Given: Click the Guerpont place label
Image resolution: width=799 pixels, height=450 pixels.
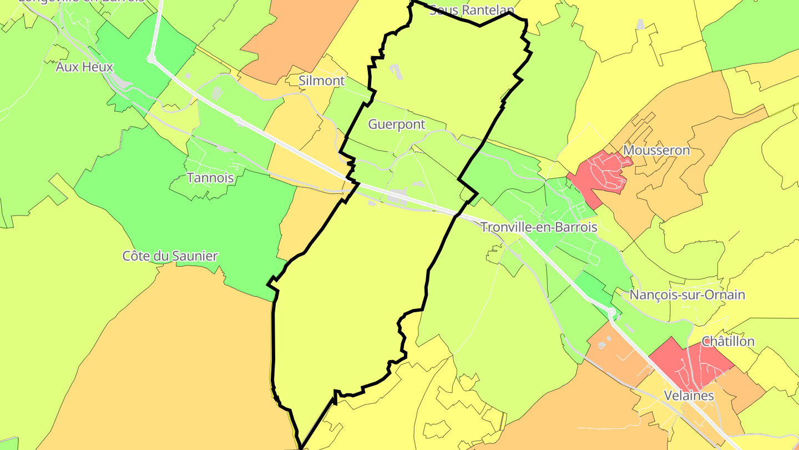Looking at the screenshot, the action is coord(397,124).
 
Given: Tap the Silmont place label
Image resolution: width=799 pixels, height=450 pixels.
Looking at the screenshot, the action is coord(322,81).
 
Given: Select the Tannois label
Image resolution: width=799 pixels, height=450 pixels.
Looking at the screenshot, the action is coord(210,178).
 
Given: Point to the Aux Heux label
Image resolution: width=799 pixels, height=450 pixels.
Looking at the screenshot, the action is coord(84,67).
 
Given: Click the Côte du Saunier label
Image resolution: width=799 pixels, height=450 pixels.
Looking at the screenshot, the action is coord(170,256).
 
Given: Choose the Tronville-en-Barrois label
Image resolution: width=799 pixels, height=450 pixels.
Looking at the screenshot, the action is coord(539,227).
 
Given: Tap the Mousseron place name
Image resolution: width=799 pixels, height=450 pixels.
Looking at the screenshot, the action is coord(656,151).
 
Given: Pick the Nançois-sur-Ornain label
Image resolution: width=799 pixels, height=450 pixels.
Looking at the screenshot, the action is coord(687,294).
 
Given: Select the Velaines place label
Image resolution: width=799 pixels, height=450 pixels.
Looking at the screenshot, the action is coord(689,396).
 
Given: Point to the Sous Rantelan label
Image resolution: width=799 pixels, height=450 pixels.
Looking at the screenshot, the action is coord(472,9).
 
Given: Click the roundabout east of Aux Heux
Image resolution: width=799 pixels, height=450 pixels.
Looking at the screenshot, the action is coord(151,58).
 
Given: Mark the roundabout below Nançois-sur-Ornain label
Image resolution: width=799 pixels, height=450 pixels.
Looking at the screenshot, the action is coord(611,313).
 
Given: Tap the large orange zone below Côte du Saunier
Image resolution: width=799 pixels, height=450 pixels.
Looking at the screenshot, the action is coord(166,361).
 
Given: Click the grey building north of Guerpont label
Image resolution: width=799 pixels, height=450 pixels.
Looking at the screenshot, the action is coord(396,72).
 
